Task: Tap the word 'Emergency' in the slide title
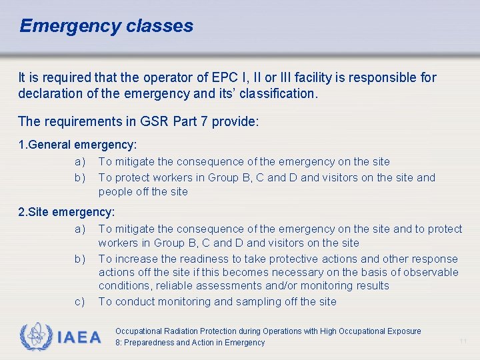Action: (x=69, y=26)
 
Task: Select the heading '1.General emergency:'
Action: (x=77, y=145)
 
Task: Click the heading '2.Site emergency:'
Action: (x=67, y=212)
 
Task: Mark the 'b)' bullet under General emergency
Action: (x=80, y=178)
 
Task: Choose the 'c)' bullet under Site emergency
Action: (x=80, y=302)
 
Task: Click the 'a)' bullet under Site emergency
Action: (x=80, y=229)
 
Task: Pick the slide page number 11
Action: (x=463, y=341)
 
